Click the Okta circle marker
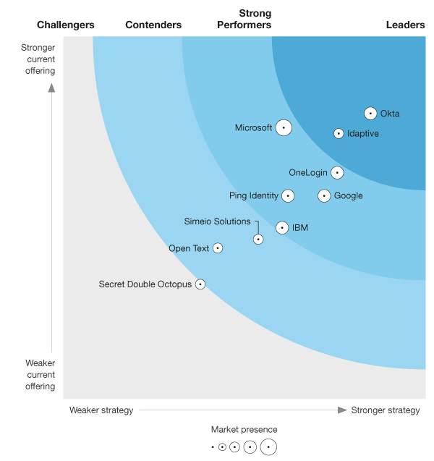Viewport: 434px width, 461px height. point(370,113)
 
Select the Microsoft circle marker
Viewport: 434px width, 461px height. point(284,128)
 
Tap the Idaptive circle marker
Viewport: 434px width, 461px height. point(339,133)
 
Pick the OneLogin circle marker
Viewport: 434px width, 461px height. point(337,172)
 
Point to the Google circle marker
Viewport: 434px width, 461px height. point(324,195)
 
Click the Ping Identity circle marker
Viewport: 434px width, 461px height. point(288,195)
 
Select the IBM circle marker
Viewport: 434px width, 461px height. point(282,227)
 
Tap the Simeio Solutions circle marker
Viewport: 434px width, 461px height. point(258,239)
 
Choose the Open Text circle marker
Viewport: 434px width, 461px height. point(218,248)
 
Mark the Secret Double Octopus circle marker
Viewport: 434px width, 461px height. point(200,284)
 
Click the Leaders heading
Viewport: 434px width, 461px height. point(405,25)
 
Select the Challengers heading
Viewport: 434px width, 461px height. point(66,25)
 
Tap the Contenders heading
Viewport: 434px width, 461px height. point(153,25)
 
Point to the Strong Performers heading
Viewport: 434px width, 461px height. point(255,20)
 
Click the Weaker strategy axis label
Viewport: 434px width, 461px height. point(101,410)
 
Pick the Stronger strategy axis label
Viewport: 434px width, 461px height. point(386,410)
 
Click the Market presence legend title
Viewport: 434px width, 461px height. point(244,430)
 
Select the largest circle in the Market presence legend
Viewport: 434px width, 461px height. point(268,447)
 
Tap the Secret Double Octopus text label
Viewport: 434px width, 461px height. point(145,284)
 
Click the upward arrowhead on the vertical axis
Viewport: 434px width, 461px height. point(51,88)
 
